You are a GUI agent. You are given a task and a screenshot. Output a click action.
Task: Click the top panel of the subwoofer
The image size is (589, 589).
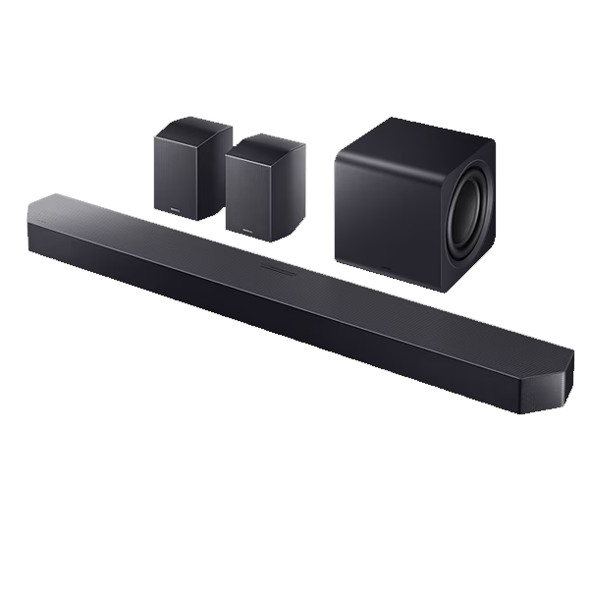(x=412, y=137)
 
